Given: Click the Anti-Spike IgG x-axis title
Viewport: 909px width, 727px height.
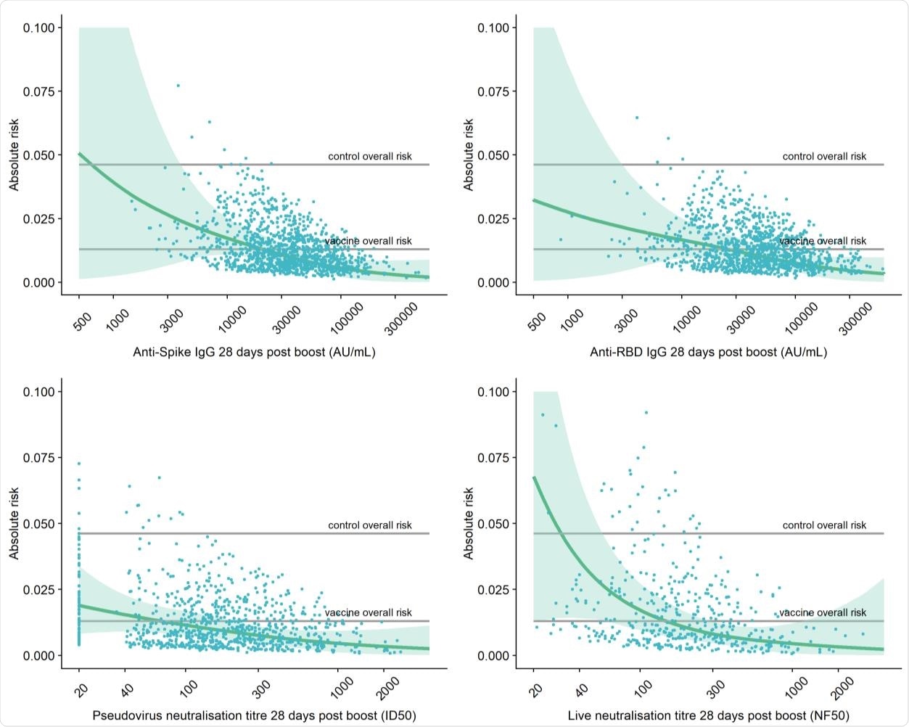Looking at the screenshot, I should (254, 353).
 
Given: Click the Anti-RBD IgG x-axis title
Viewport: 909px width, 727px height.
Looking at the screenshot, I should (708, 353).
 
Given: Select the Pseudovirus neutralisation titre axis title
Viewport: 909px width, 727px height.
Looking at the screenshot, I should (254, 715).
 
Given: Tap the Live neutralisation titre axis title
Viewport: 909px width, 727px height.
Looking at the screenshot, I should (708, 715).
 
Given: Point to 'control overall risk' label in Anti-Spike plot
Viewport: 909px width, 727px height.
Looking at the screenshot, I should (370, 156).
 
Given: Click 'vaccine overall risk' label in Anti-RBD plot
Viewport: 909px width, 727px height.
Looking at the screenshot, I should (823, 241).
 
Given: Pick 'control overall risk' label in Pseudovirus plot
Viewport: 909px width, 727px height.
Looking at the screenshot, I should (370, 525).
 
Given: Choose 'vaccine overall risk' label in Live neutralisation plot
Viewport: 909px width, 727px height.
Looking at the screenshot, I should (823, 612).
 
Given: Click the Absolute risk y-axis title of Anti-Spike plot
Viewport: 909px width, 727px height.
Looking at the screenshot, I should (14, 155).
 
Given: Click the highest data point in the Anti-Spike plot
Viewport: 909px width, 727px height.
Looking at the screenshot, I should (178, 86).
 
